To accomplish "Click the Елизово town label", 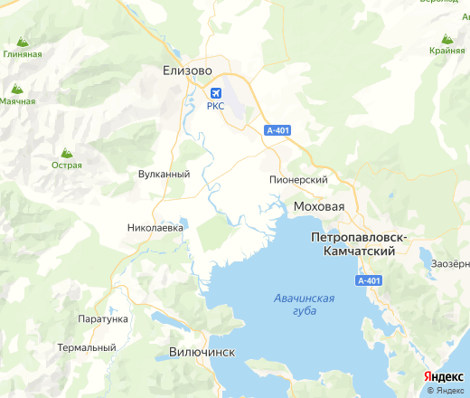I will (187, 69).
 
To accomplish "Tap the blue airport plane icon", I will (215, 93).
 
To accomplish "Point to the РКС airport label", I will (215, 107).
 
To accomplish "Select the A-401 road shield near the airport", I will (277, 131).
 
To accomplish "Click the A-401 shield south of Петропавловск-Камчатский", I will (368, 281).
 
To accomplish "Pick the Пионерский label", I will (297, 180).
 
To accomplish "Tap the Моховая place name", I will (319, 207).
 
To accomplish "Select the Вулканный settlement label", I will (164, 174).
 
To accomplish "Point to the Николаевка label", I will (156, 228).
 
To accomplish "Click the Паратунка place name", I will (101, 319).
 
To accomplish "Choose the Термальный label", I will (87, 347).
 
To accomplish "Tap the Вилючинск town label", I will (202, 351).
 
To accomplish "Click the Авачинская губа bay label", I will (303, 304).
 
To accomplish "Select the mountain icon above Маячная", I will (16, 89).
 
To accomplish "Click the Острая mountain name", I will (66, 166).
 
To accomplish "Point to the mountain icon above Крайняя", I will (446, 38).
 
